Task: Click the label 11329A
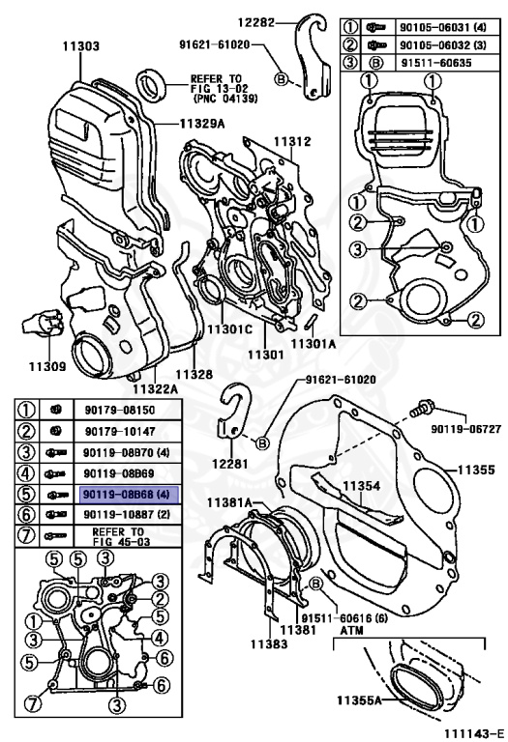coord(205,125)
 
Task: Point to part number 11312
coord(291,142)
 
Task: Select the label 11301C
coord(227,328)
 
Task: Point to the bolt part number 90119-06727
coord(460,428)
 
